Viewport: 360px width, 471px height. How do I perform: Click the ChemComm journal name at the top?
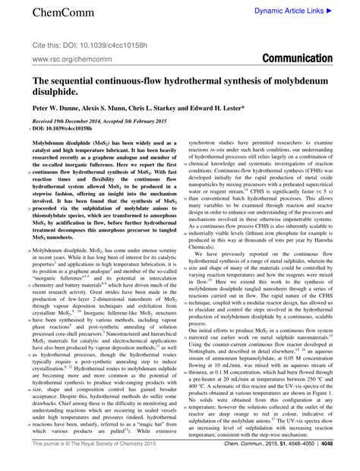[x=43, y=14]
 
